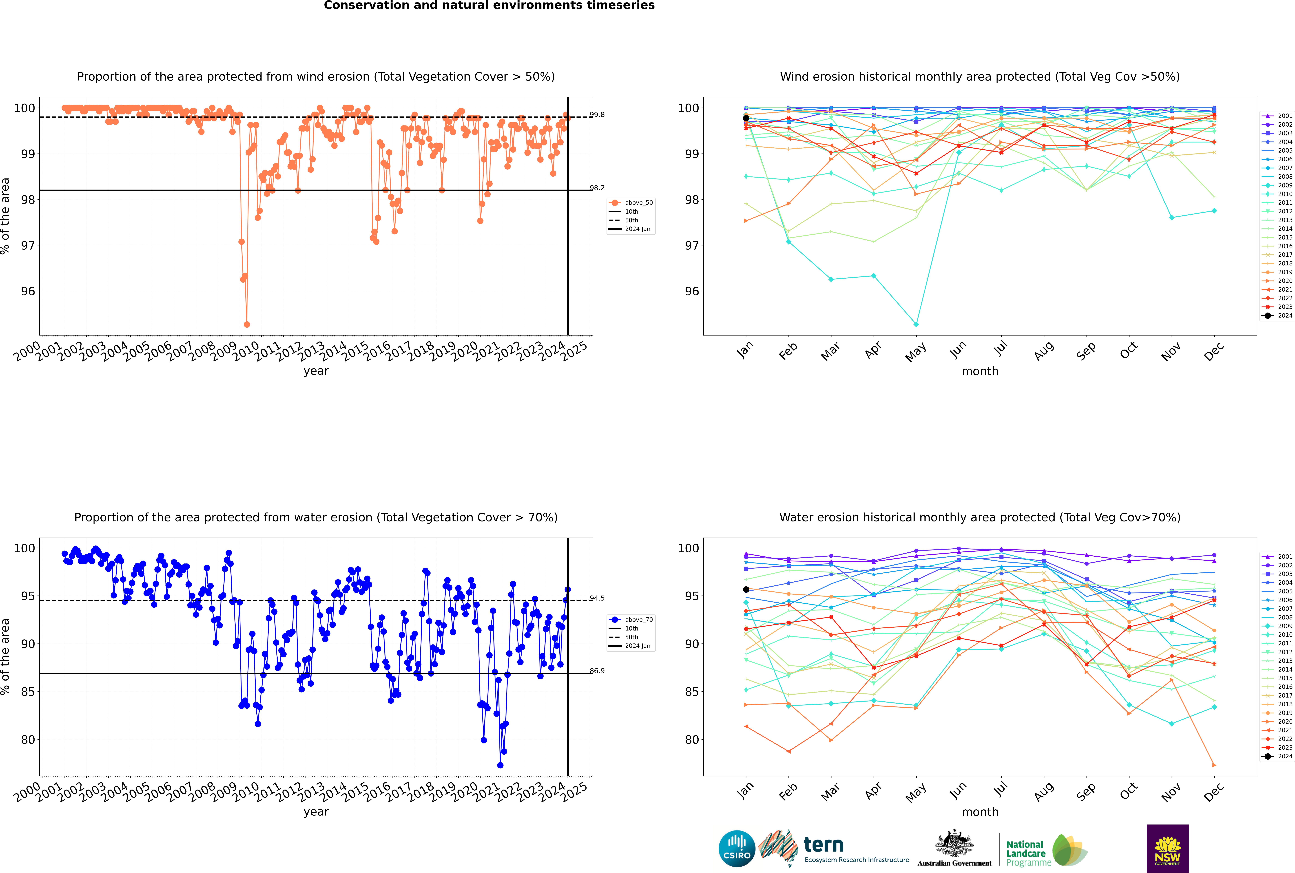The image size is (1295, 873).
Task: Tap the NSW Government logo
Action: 1167,848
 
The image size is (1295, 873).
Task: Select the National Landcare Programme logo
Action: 1047,850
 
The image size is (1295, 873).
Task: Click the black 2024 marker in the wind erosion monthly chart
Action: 746,118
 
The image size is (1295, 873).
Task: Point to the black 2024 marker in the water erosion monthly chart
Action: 746,590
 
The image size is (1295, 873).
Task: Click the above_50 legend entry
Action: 631,203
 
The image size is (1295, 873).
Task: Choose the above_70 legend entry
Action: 631,620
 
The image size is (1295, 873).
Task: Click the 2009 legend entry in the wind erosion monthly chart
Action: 1278,185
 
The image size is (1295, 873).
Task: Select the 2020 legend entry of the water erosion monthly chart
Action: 1278,722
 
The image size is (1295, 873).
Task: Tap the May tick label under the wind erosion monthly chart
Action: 916,352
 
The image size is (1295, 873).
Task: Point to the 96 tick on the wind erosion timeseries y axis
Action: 28,291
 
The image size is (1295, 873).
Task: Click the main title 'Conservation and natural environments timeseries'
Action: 489,6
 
